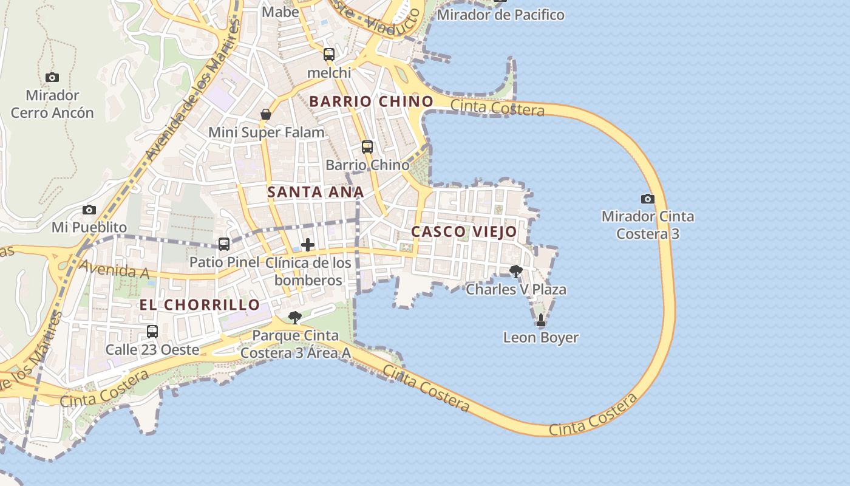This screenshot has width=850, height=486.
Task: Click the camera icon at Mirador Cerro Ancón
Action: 52,77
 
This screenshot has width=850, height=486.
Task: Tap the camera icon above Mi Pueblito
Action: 89,210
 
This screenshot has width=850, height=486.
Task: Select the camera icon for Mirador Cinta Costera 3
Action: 648,199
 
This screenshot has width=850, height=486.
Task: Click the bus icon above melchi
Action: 329,55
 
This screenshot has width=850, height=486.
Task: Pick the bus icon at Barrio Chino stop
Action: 367,147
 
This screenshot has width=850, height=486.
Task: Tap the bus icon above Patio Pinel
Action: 224,244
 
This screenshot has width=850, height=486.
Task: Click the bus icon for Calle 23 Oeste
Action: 152,332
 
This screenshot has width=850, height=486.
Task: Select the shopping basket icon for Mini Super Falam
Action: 266,114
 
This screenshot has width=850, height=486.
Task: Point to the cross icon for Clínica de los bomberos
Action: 308,245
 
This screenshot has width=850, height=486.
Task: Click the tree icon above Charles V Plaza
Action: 516,271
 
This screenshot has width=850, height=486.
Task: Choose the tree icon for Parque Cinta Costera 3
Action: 295,317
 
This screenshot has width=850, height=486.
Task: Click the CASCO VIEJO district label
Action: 464,231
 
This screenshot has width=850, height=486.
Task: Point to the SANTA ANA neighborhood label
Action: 316,192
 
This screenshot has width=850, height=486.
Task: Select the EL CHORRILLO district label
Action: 200,304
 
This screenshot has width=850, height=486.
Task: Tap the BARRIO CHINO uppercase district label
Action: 372,101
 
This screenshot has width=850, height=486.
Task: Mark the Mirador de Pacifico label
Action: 500,15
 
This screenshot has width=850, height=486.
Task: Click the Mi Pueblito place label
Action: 89,227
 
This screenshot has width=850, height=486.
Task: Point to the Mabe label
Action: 280,12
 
